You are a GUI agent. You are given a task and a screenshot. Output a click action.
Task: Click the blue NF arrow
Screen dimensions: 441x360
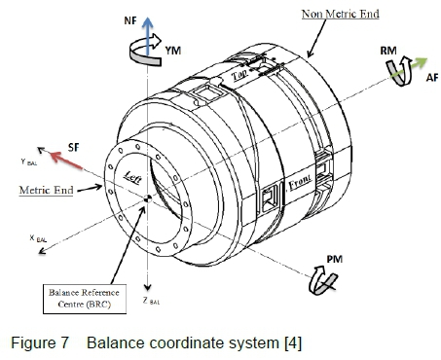148,36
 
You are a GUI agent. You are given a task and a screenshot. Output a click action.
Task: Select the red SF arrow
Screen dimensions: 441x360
66,161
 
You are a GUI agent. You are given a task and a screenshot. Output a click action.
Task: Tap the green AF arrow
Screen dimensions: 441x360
410,67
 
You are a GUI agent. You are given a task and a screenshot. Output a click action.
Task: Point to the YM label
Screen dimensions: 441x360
173,51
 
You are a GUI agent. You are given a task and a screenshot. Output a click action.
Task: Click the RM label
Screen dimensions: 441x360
388,51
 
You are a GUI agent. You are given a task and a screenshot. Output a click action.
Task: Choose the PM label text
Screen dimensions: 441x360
335,259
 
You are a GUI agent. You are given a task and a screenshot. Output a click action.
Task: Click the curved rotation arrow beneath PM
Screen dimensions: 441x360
322,281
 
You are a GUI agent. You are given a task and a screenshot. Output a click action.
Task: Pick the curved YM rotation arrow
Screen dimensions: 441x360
145,51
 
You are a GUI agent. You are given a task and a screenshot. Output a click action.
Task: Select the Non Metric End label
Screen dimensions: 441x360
341,14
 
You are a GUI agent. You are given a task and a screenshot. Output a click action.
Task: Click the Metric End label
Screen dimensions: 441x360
46,190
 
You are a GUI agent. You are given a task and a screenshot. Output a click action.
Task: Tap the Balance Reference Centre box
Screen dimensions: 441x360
85,299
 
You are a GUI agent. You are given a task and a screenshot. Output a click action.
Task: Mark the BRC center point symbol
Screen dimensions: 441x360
148,198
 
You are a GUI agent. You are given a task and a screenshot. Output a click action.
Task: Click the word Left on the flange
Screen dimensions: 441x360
133,177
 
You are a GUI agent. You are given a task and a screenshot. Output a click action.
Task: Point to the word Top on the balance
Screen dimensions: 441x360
239,75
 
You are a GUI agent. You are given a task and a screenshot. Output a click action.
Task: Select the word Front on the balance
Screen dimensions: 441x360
300,182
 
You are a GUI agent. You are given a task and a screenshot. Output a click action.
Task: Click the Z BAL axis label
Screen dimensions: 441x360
151,301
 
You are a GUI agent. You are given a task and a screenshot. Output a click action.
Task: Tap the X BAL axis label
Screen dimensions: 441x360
38,238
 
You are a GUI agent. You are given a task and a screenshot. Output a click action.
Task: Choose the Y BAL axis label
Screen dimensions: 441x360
29,162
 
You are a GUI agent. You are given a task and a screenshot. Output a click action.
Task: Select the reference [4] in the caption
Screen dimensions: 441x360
293,343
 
